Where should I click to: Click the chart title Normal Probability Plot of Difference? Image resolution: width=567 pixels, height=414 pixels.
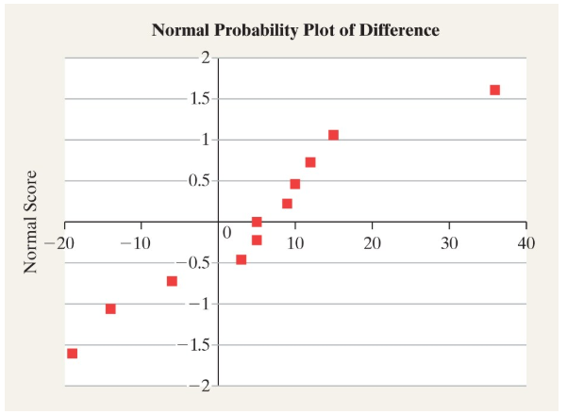point(295,30)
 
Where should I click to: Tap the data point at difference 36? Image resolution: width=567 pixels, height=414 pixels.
point(494,91)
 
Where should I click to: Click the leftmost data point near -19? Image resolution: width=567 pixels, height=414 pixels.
point(73,354)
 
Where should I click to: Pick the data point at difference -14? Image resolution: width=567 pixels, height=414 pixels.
point(110,308)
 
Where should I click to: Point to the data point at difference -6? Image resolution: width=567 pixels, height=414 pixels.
point(172,281)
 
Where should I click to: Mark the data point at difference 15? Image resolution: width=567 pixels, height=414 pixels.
point(333,135)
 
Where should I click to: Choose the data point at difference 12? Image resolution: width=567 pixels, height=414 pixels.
point(310,162)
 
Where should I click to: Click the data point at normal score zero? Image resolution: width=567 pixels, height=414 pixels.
point(257,223)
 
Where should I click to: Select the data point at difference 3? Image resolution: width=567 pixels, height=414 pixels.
point(242,259)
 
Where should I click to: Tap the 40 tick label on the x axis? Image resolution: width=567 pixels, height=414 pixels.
point(526,242)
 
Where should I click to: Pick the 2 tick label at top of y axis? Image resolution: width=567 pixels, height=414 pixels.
point(205,58)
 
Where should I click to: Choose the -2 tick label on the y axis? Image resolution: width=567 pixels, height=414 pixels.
point(201,386)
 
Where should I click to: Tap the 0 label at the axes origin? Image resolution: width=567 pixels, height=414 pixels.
point(225,232)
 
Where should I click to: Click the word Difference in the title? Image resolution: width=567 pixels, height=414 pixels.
point(395,30)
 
